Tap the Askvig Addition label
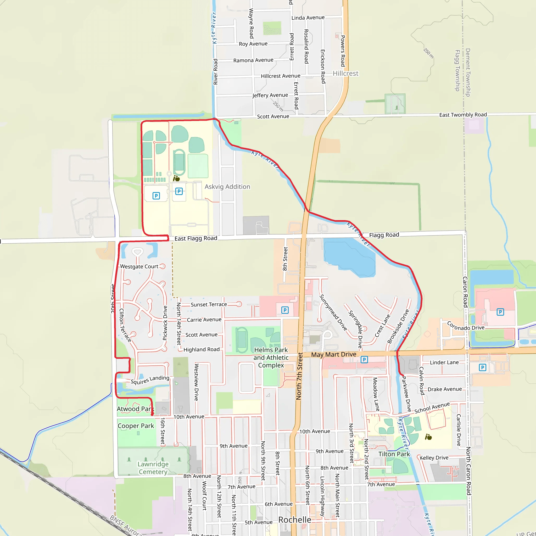tap(227, 187)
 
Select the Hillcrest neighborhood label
tap(345, 74)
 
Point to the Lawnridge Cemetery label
tap(153, 468)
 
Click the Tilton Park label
tap(394, 454)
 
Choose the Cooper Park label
tap(136, 426)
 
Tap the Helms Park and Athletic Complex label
tap(271, 358)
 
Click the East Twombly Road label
tap(463, 115)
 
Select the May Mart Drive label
tap(333, 355)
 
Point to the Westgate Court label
tap(139, 266)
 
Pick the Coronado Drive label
tap(466, 326)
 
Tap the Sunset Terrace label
tap(209, 304)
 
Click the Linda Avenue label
tap(308, 18)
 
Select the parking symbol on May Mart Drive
tap(364, 360)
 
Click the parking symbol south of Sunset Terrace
tap(285, 310)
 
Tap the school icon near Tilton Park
tap(428, 437)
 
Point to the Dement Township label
tap(468, 72)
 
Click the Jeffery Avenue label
tap(270, 95)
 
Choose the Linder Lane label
tap(444, 362)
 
